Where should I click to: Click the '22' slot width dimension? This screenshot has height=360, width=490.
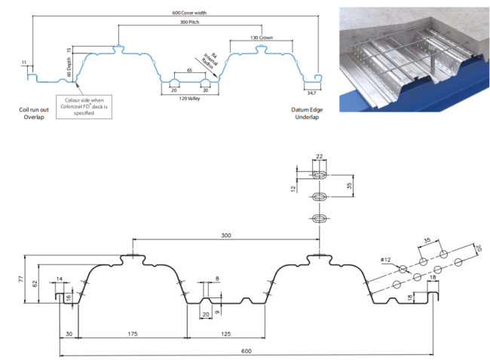tap(320, 156)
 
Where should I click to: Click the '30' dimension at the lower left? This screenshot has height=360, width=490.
tap(69, 332)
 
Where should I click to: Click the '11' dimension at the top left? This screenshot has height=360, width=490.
tap(24, 63)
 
